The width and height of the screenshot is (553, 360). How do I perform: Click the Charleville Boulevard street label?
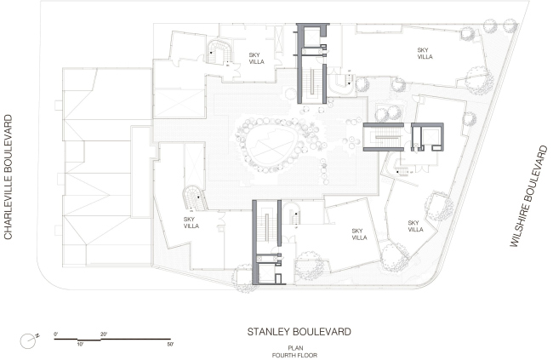click(x=9, y=177)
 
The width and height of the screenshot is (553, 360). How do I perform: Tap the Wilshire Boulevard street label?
click(x=528, y=197)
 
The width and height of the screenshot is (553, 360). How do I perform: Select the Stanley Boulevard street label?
click(x=299, y=332)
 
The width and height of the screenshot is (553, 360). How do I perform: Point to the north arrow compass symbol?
click(x=29, y=340)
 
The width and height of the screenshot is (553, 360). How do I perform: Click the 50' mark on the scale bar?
click(x=170, y=344)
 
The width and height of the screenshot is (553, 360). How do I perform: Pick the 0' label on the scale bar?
click(x=55, y=334)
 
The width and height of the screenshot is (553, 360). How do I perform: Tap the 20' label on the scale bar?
click(x=104, y=334)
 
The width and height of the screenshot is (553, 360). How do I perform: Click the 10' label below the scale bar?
click(x=80, y=344)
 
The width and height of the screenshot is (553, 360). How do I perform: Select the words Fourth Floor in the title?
click(x=294, y=356)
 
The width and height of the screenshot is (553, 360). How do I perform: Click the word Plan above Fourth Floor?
click(x=295, y=348)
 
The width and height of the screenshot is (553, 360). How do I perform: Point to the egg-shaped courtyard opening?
click(x=271, y=146)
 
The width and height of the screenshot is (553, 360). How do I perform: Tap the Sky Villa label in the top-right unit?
click(x=425, y=54)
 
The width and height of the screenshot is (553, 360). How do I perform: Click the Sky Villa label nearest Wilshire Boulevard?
click(x=415, y=226)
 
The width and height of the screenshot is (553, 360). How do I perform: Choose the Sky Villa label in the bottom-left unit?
click(x=191, y=223)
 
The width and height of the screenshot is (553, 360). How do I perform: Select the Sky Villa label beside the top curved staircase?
click(x=256, y=58)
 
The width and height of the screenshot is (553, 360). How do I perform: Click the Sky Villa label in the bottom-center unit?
click(x=359, y=234)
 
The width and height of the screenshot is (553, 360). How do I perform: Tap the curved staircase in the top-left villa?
click(x=219, y=53)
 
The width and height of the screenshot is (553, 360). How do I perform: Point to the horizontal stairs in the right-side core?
click(x=388, y=138)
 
